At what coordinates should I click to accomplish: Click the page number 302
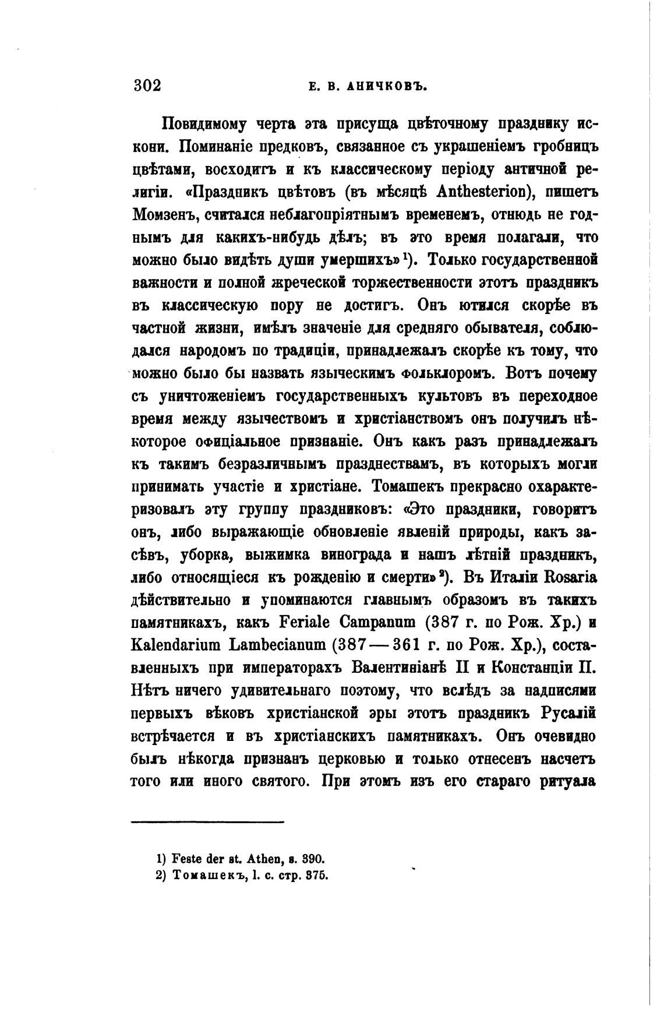tap(147, 86)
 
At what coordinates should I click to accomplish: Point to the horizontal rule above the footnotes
tap(207, 822)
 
